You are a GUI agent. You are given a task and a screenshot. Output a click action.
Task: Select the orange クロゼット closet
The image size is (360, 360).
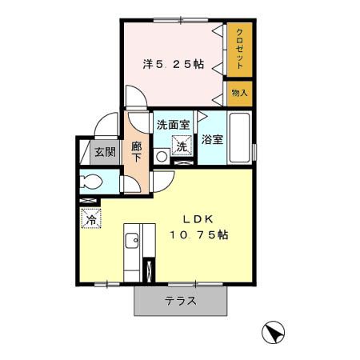pos(239,49)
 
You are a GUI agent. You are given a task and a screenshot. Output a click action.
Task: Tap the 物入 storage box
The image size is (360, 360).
pos(239,94)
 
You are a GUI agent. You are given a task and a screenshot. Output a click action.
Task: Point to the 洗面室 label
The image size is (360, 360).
pos(173,125)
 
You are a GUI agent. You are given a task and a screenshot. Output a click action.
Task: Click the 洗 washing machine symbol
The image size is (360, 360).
pos(183,146)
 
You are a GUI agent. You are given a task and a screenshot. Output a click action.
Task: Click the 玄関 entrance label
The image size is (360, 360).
pos(105,152)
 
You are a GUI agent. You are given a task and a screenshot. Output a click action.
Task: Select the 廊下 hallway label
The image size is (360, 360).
pos(137,150)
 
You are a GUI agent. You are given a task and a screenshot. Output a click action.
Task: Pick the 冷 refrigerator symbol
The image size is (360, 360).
pos(90,217)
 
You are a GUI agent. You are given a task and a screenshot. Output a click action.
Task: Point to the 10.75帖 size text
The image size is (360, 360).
pos(198,235)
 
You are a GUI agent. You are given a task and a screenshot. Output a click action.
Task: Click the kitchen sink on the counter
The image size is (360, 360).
pos(131,240)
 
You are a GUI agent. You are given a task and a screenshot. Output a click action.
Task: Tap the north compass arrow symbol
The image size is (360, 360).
pos(273,332)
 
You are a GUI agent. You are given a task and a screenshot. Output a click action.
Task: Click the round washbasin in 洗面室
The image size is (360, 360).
pos(161,157)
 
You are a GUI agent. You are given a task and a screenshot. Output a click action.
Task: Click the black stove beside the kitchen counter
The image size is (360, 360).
pos(147,269)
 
